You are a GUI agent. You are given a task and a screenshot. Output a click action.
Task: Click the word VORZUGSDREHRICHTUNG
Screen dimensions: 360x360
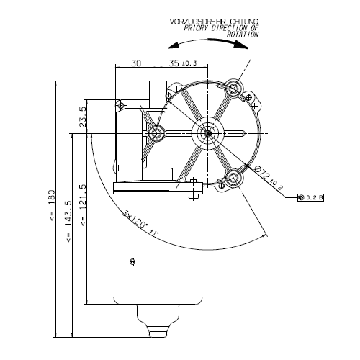point(214,22)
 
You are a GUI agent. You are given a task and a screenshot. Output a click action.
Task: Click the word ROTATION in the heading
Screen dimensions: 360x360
point(243,35)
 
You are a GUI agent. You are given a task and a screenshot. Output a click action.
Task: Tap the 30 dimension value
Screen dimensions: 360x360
point(136,63)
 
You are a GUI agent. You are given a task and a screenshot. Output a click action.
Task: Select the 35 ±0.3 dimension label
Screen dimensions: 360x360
point(183,63)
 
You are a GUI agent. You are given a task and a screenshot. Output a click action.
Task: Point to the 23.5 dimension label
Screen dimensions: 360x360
point(83,117)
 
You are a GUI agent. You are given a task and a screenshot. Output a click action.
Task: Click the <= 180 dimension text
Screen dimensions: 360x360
point(52,204)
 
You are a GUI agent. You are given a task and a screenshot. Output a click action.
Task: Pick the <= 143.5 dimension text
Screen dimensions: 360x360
point(68,221)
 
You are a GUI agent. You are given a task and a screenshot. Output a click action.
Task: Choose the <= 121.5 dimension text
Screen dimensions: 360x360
point(83,205)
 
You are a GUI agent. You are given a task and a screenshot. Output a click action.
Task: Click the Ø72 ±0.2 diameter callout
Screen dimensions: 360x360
point(269,178)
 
